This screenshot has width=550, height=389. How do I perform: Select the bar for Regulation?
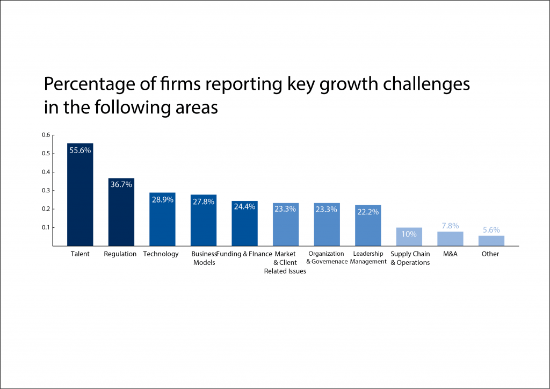pyautogui.click(x=121, y=215)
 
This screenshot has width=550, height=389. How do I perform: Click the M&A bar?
pyautogui.click(x=450, y=239)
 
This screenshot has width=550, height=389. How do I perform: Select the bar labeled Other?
pyautogui.click(x=491, y=241)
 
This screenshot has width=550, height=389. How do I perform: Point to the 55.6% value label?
pyautogui.click(x=80, y=151)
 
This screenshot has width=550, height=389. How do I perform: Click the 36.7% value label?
pyautogui.click(x=121, y=185)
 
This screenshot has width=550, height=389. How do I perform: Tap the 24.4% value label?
pyautogui.click(x=244, y=206)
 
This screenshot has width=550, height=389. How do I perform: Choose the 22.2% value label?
pyautogui.click(x=368, y=212)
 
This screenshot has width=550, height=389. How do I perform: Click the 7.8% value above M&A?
pyautogui.click(x=450, y=226)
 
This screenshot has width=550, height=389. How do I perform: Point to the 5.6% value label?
pyautogui.click(x=491, y=230)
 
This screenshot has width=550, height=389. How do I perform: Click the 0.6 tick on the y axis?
pyautogui.click(x=46, y=135)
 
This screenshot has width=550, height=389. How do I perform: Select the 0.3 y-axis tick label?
pyautogui.click(x=46, y=190)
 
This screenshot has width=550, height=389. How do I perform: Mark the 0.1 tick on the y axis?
pyautogui.click(x=46, y=227)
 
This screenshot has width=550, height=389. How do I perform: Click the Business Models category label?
pyautogui.click(x=204, y=258)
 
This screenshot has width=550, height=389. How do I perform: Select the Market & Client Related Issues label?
pyautogui.click(x=285, y=262)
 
